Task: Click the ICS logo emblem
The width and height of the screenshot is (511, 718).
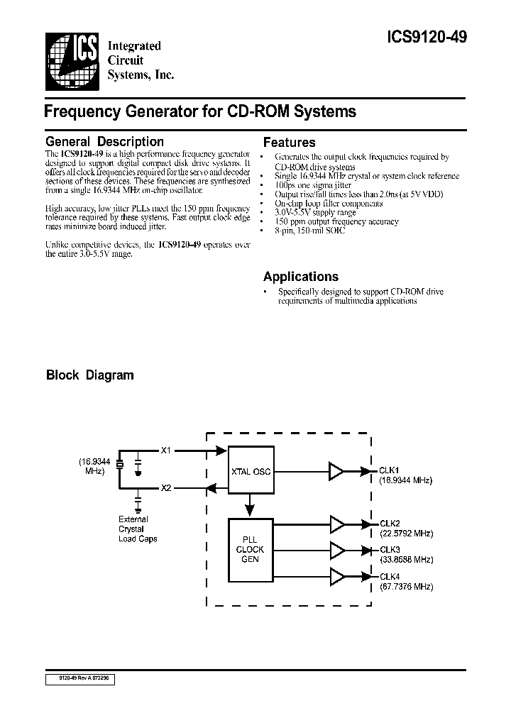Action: (71, 57)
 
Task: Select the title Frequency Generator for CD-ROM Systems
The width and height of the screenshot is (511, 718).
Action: (200, 111)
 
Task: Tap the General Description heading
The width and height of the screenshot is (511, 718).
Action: (104, 142)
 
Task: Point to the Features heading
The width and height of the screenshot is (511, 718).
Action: (289, 143)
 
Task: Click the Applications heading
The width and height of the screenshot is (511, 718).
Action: (300, 277)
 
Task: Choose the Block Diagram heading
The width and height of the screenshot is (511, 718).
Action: (89, 375)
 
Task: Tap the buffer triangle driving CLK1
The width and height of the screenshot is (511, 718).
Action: (336, 470)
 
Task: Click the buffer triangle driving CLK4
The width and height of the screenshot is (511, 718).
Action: (336, 576)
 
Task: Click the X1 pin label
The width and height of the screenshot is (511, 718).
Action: (166, 450)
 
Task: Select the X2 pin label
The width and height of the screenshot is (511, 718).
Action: (166, 488)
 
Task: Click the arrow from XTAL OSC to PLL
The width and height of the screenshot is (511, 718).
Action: (250, 505)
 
